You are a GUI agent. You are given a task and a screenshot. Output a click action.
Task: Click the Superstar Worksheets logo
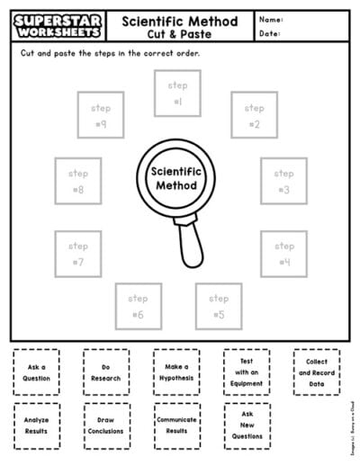tap(55, 25)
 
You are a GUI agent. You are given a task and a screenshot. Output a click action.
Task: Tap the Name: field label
tap(271, 19)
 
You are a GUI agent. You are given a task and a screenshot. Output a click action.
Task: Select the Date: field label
tap(270, 34)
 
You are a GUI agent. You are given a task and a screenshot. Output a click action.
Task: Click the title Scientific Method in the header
tap(179, 21)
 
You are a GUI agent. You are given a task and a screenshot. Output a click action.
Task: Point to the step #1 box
tap(177, 94)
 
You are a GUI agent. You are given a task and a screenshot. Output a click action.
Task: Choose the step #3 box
tap(283, 181)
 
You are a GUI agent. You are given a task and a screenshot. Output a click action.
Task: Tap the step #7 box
tap(77, 254)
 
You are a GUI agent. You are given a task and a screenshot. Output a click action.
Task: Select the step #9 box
tap(101, 116)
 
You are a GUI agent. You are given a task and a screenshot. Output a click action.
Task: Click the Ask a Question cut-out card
tap(37, 372)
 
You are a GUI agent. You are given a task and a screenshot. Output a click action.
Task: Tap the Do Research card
tap(105, 372)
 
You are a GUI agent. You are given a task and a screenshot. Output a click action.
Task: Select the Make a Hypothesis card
tap(176, 372)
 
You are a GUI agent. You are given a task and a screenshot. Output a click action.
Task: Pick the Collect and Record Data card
tap(317, 372)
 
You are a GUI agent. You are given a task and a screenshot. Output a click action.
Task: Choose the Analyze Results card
tap(37, 425)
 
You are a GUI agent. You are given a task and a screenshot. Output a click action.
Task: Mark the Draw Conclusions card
tap(105, 425)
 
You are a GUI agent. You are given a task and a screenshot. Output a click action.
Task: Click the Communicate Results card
tap(176, 425)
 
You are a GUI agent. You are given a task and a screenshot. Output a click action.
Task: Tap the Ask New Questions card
tap(247, 425)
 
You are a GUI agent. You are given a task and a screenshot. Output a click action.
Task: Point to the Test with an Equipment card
tap(247, 372)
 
